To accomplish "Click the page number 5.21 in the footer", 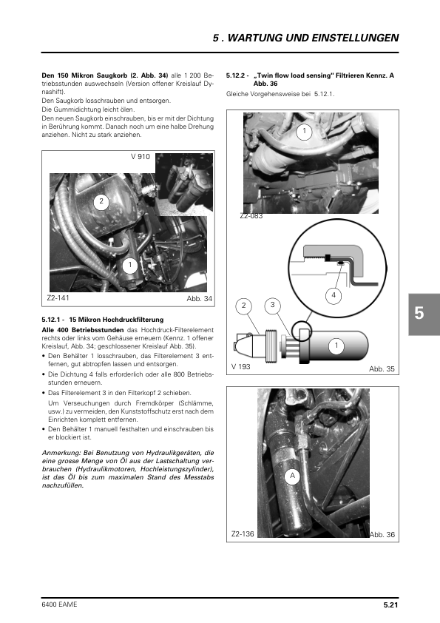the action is click(390, 605).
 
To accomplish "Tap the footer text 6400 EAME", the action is click(60, 605).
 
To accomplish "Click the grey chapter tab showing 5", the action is click(424, 314).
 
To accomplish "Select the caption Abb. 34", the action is click(200, 299).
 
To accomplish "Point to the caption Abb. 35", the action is click(382, 368).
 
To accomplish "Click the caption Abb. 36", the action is click(382, 534).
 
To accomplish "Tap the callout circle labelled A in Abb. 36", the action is click(293, 476).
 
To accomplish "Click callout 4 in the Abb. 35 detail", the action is click(334, 295).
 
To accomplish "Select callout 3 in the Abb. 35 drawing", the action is click(272, 305).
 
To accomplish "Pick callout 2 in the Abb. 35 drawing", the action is click(244, 306).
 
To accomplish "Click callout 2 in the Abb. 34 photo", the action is click(101, 201).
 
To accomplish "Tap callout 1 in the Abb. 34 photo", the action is click(130, 265).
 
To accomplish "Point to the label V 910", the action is click(141, 157).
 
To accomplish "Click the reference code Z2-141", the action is click(58, 298).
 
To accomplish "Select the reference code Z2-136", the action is click(243, 534).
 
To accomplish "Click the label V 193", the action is click(241, 367).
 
